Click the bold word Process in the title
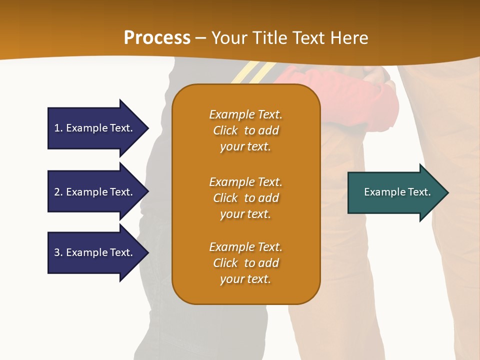point(157,38)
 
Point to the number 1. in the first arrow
point(58,128)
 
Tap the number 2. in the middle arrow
point(58,192)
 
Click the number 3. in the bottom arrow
point(58,252)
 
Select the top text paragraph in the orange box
point(245,130)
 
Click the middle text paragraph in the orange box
point(245,198)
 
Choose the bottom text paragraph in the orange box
point(245,263)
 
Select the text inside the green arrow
point(397,192)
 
